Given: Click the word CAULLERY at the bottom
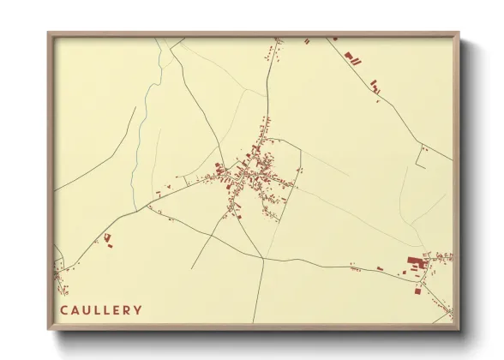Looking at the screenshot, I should (x=101, y=309).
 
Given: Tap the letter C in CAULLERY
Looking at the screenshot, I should (x=64, y=309).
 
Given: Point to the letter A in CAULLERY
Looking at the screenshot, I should (x=75, y=309).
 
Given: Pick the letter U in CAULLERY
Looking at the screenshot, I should (x=86, y=309).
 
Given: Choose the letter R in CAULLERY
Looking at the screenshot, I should (x=128, y=309).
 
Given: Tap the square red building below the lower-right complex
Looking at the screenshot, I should (x=417, y=291).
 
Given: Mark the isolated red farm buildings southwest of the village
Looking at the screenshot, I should (x=108, y=238).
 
